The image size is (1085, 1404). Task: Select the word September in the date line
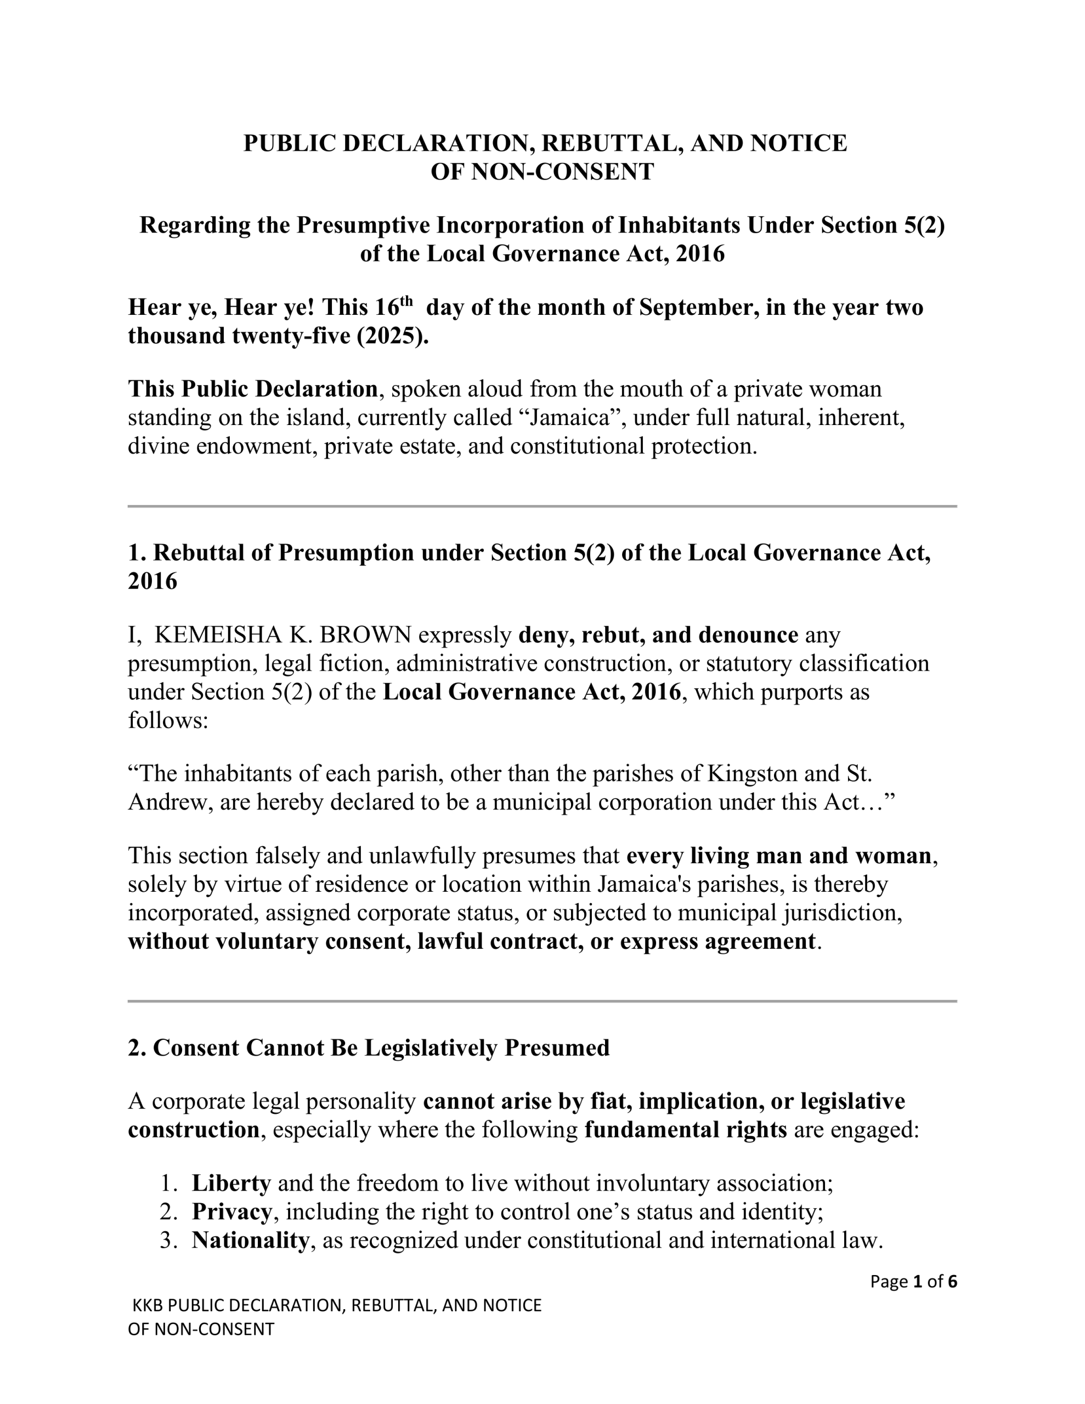(695, 307)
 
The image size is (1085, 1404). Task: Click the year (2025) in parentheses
(392, 336)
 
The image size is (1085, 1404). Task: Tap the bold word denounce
(748, 635)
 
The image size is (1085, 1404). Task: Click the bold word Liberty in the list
(231, 1183)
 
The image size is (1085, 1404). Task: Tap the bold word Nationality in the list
(250, 1239)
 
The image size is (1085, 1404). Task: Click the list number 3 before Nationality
(168, 1239)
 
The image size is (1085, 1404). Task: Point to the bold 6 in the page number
(952, 1281)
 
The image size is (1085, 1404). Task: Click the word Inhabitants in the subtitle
(679, 225)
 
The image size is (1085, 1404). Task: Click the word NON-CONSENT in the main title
(562, 172)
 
